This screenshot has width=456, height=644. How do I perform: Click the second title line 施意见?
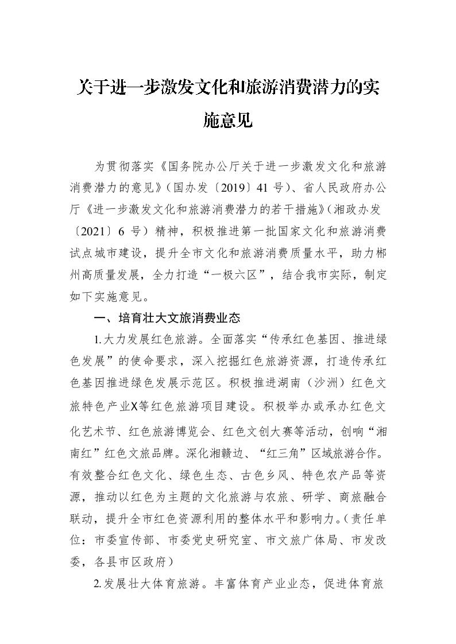pos(228,121)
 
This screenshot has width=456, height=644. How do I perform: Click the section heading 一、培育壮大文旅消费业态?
pos(167,317)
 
